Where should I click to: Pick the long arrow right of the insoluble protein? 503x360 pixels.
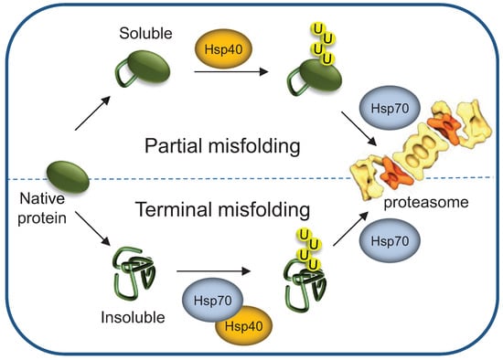(214, 271)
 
